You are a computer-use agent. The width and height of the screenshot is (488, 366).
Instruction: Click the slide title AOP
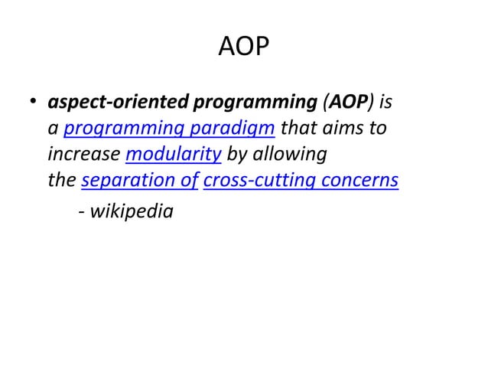tap(244, 47)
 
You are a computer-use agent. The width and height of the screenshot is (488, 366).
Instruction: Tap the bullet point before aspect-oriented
tap(34, 102)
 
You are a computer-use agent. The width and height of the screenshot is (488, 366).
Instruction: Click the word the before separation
tap(61, 181)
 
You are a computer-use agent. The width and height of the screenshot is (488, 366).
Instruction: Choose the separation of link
tap(140, 181)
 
